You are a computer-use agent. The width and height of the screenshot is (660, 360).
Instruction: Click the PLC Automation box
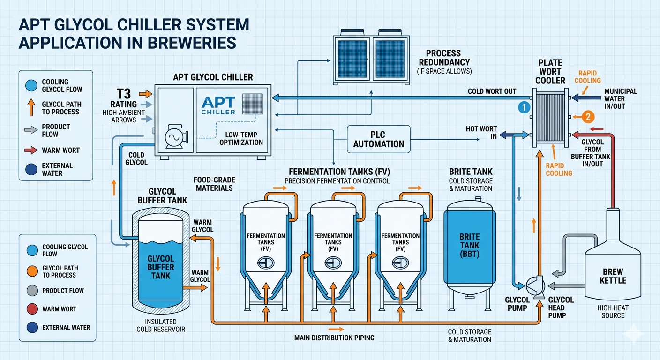[379, 139]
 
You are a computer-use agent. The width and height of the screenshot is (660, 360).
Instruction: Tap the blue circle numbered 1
[524, 108]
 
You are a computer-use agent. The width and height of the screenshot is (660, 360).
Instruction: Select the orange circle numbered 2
[588, 116]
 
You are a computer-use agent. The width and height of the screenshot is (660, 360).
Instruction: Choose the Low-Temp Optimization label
[241, 138]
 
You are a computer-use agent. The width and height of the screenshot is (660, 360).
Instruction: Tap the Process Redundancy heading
[443, 58]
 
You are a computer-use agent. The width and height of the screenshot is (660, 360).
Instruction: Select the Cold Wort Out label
[492, 91]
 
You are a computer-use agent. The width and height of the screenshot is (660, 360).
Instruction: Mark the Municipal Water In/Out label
[621, 99]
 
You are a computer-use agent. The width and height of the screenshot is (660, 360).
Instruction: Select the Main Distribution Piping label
[334, 337]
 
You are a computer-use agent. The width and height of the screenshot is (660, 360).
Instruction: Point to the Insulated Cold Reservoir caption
[161, 325]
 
